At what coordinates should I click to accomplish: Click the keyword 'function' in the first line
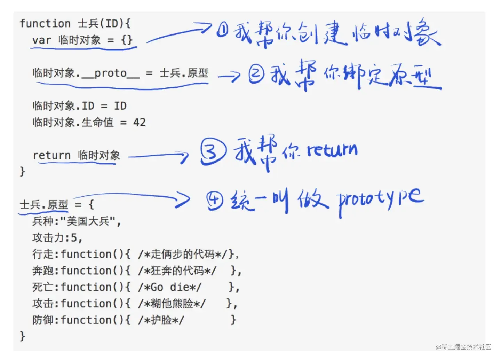(45, 24)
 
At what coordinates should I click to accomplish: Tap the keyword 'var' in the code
(42, 40)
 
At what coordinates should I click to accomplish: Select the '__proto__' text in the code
(110, 73)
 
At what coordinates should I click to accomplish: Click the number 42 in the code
(140, 123)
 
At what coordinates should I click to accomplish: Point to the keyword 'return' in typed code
(51, 155)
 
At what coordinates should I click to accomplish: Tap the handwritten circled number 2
(256, 74)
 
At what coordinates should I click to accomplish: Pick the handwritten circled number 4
(215, 201)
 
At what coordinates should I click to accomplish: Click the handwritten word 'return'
(332, 150)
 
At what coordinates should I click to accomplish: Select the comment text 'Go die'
(170, 287)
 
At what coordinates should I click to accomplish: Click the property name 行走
(43, 254)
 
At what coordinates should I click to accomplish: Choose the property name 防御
(43, 320)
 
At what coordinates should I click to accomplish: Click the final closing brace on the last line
(23, 336)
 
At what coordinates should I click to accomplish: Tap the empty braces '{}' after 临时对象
(127, 40)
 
